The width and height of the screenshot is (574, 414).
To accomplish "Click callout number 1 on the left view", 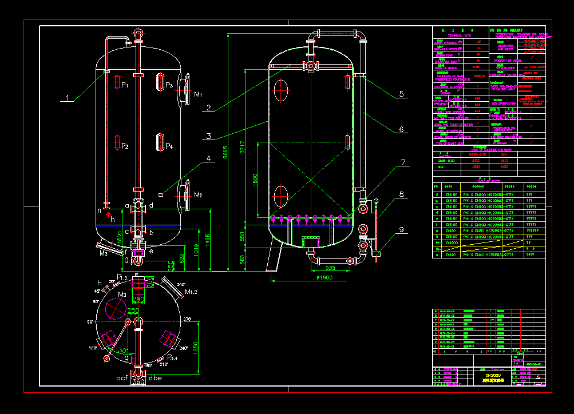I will [67, 98].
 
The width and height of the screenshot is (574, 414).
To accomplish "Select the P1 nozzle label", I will [124, 85].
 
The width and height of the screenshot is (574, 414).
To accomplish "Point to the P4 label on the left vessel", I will [169, 146].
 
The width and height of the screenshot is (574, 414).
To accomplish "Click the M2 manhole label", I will [198, 195].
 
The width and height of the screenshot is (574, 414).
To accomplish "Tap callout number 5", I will [402, 93].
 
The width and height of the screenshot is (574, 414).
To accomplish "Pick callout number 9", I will [401, 230].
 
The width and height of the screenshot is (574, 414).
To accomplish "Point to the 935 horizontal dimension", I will [330, 267].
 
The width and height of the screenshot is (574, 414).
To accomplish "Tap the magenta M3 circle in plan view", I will [116, 309].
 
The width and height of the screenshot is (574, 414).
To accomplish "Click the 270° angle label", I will [188, 319].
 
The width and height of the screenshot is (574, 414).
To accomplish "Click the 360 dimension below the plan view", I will [138, 381].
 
